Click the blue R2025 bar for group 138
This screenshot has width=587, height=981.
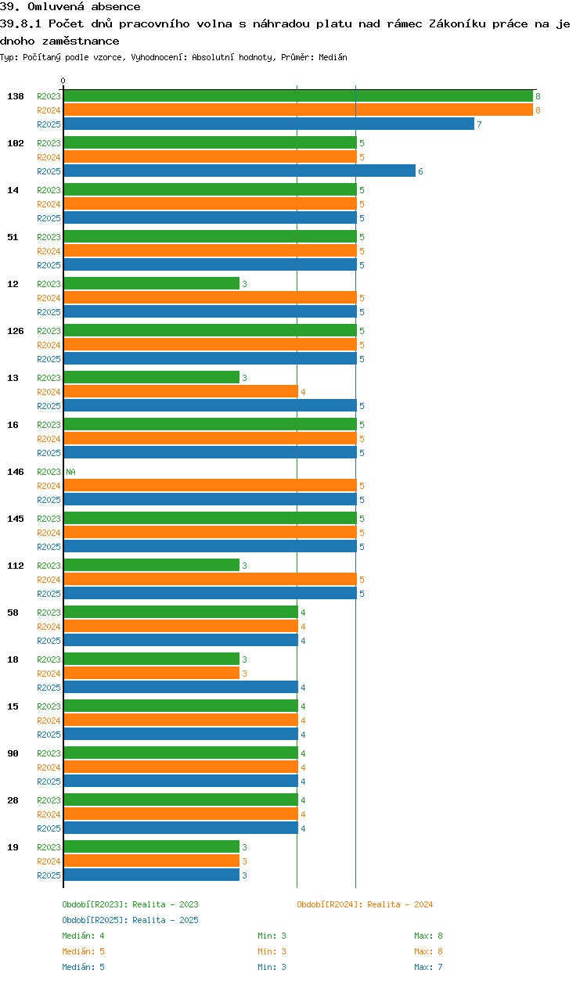268,124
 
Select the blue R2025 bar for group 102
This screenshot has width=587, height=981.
239,171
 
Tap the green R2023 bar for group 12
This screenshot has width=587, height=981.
151,284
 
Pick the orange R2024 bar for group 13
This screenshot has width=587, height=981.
180,392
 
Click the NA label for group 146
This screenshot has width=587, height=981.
70,472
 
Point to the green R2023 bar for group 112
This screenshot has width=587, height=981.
151,566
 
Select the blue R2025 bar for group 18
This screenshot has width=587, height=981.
180,688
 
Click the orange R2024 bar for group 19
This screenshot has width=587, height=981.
151,861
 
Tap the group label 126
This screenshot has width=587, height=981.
16,331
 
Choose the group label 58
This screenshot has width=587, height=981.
13,613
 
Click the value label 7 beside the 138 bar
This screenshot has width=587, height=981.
479,124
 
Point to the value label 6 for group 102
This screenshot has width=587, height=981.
420,171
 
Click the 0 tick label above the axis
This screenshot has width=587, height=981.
63,81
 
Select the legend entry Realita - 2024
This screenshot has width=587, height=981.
365,904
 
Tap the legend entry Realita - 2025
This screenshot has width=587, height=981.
130,920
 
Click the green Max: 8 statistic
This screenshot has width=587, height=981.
428,936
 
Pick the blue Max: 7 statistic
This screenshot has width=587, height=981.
428,967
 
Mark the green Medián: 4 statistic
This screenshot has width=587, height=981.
83,936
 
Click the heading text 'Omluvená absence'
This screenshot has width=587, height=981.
84,7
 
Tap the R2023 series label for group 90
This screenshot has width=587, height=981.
49,753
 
